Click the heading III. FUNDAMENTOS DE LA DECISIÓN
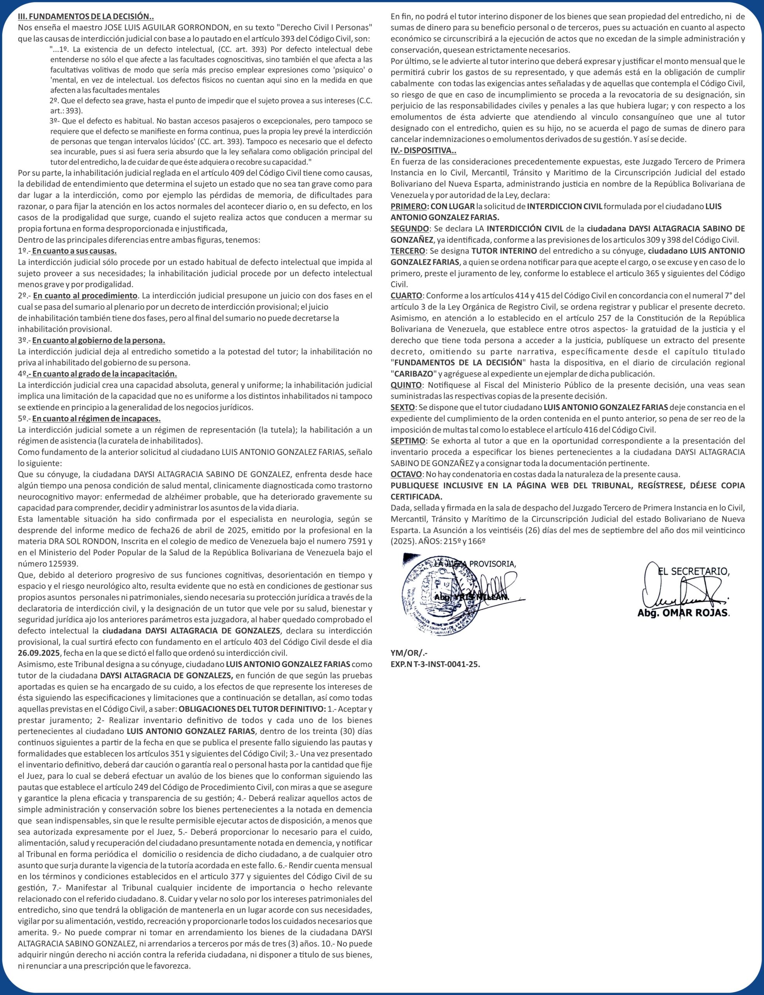86,16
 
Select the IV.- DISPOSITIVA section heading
423,150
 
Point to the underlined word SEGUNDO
409,229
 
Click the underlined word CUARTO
406,295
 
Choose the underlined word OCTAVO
406,474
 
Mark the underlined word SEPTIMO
408,440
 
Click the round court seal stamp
434,593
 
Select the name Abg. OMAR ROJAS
683,613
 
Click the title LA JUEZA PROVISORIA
475,564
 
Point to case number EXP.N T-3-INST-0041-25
435,664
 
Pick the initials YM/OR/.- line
409,653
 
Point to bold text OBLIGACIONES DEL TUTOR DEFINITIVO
252,709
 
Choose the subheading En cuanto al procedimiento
85,296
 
